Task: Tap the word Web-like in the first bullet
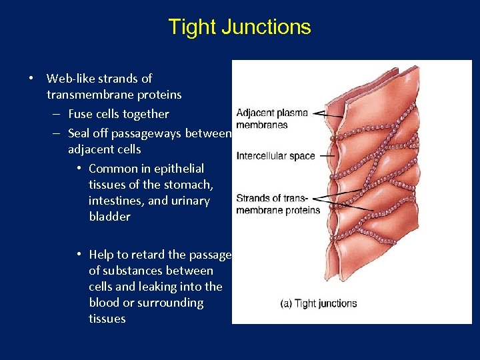coord(72,79)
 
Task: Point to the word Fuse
coord(82,114)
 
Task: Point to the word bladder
coord(109,217)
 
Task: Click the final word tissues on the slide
coord(107,319)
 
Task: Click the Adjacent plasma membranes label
coord(272,119)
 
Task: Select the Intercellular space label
coord(275,156)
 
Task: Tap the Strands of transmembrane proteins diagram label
coord(278,204)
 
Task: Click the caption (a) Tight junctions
coord(318,303)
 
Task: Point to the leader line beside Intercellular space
coord(327,156)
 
